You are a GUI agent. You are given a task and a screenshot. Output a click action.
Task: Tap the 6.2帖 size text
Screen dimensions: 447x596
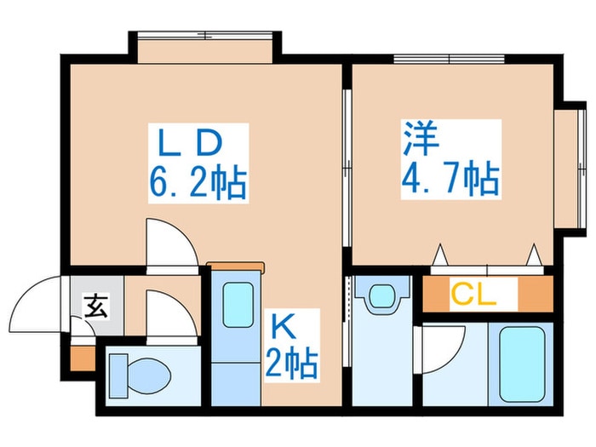[198, 181]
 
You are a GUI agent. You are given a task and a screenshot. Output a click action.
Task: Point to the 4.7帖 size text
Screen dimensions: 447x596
[449, 181]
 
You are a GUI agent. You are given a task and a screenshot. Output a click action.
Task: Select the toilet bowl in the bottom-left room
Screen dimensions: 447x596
[140, 372]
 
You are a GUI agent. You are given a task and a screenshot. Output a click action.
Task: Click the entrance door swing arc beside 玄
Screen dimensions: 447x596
[38, 307]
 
